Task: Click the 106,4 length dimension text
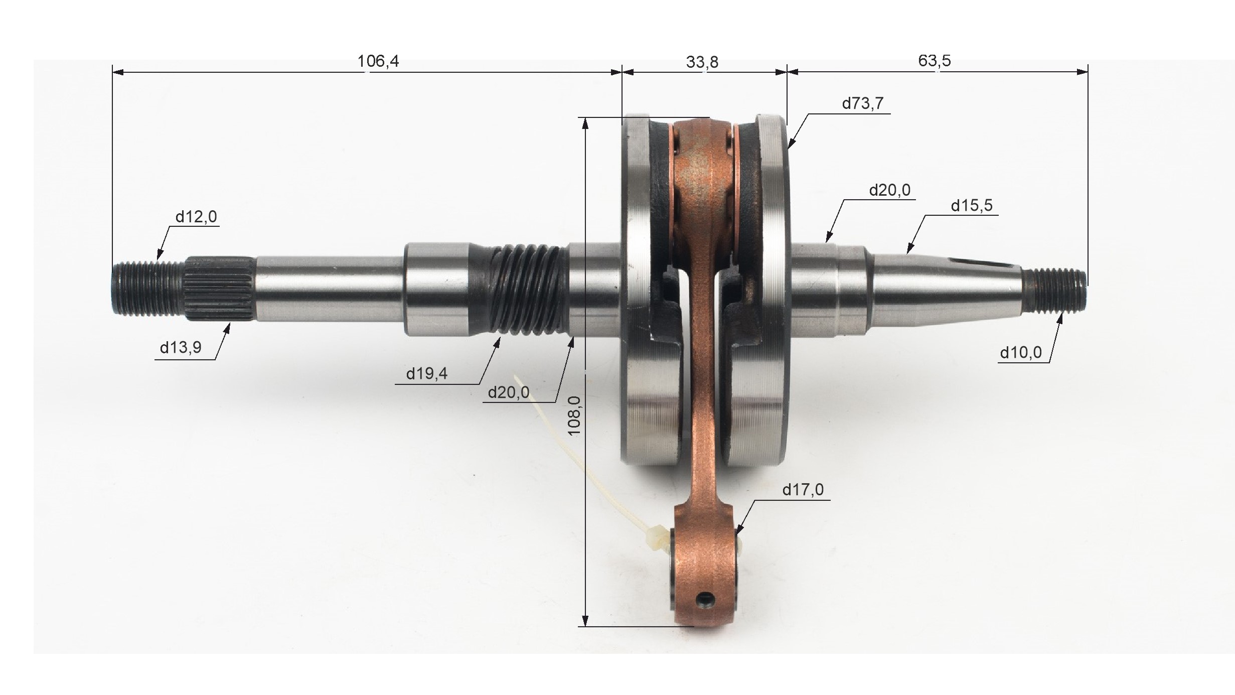[378, 61]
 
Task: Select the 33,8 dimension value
[702, 62]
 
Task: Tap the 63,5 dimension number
[934, 61]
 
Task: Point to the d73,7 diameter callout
[862, 103]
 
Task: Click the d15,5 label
[972, 206]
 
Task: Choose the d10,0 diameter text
[1021, 353]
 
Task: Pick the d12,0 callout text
[196, 217]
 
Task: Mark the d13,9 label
[181, 347]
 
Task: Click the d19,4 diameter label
[427, 374]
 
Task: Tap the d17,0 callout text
[803, 489]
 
